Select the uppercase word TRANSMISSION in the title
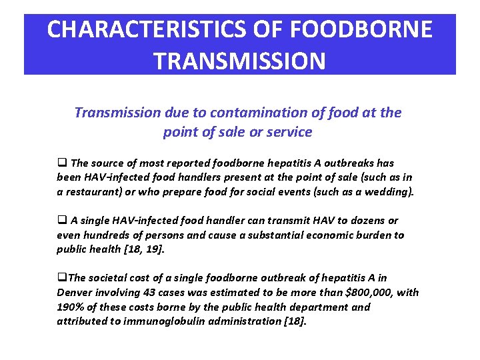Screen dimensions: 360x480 click(239, 61)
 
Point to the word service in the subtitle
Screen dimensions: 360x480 click(289, 132)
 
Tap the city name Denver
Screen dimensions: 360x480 click(75, 293)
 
